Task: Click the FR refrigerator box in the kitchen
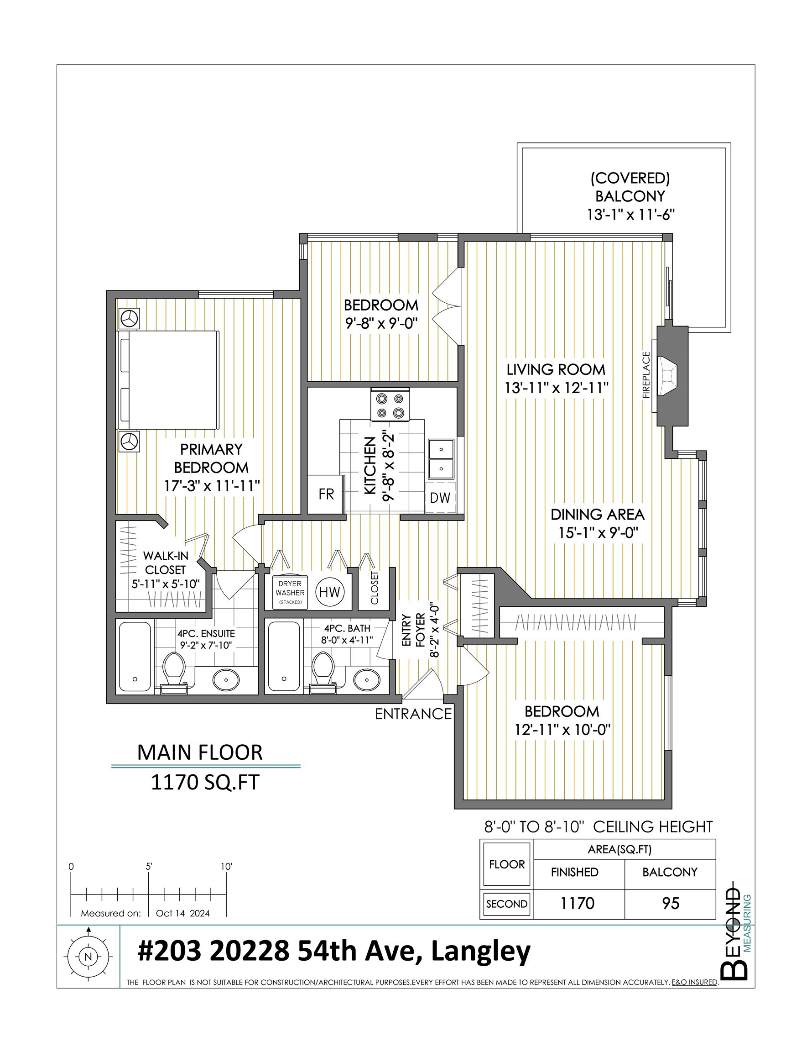click(x=325, y=494)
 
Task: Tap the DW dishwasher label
click(x=440, y=498)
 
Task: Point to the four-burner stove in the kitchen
click(x=390, y=405)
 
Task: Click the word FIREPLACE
click(x=646, y=375)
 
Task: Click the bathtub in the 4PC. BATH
click(x=284, y=656)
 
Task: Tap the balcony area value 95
click(x=671, y=903)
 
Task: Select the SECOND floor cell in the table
click(x=507, y=904)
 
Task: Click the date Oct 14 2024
click(x=183, y=913)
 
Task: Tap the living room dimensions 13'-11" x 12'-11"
click(x=557, y=388)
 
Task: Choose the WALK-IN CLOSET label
click(x=165, y=563)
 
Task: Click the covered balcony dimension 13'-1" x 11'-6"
click(x=630, y=214)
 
